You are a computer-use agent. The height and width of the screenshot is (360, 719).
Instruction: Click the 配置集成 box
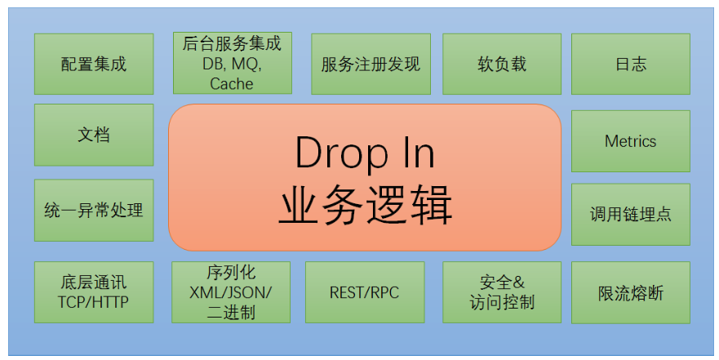click(94, 64)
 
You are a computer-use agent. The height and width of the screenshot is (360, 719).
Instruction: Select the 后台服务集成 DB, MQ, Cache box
click(233, 64)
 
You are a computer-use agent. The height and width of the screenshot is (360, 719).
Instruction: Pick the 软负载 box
click(502, 64)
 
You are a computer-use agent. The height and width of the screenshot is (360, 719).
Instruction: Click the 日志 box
click(630, 64)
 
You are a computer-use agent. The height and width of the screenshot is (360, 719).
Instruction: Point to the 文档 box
click(94, 135)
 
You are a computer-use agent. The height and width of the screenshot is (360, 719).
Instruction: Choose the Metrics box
click(630, 141)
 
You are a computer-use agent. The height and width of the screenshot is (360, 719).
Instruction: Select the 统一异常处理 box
click(94, 210)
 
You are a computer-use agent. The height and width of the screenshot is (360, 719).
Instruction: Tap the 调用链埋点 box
click(630, 214)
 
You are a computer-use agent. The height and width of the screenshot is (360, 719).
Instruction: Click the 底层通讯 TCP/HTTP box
click(94, 291)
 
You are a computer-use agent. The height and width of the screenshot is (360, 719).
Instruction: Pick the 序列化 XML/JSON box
click(232, 291)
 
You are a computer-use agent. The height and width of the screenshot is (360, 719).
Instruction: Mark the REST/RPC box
click(364, 291)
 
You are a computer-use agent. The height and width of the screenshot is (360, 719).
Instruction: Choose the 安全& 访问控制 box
click(502, 291)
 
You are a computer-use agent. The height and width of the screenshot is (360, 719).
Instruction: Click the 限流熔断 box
click(630, 291)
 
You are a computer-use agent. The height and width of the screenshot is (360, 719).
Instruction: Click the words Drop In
click(365, 153)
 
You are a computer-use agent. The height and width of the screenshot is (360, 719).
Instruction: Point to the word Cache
click(232, 83)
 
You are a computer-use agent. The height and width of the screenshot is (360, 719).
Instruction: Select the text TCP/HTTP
click(94, 301)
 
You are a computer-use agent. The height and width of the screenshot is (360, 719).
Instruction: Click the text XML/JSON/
click(231, 291)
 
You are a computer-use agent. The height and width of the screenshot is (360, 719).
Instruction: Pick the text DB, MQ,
click(232, 64)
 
